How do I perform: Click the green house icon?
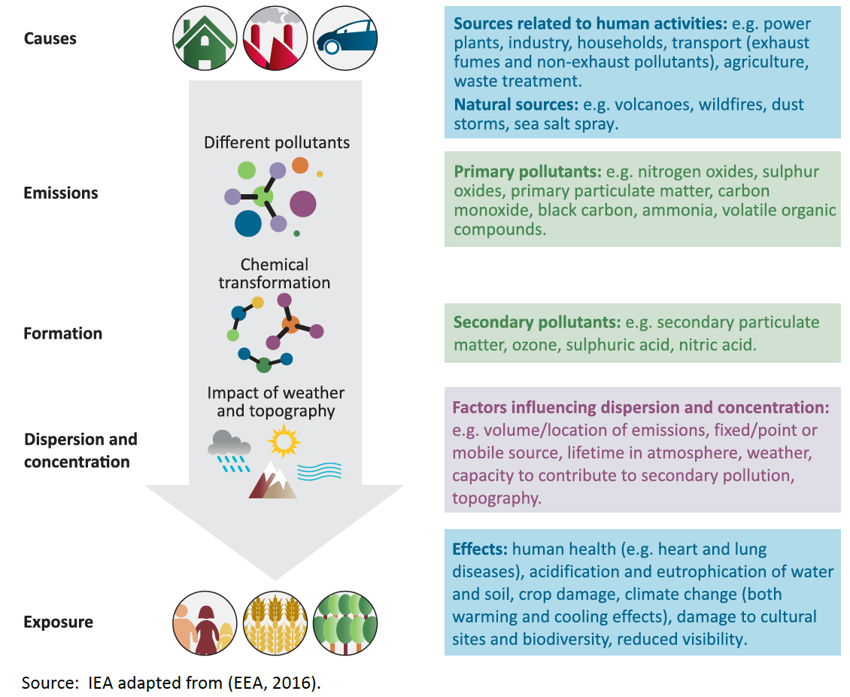(203, 39)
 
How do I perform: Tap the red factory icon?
(273, 39)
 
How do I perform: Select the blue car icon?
(345, 39)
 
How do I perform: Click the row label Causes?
(50, 38)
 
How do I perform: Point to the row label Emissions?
(61, 193)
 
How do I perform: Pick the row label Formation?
(63, 333)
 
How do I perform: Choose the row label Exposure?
(59, 622)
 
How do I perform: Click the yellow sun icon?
(284, 441)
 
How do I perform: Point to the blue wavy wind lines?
(319, 471)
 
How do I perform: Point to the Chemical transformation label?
(274, 274)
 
